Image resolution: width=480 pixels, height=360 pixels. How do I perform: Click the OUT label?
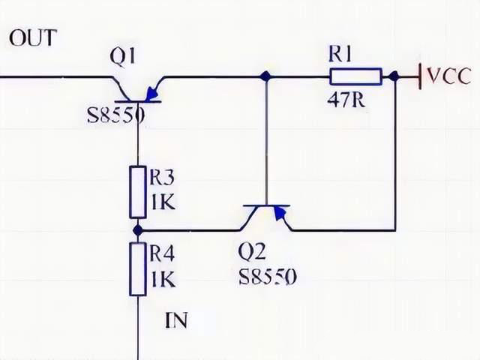tap(32, 37)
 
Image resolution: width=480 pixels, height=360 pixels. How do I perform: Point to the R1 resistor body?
tap(355, 76)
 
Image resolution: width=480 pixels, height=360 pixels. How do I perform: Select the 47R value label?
tap(346, 100)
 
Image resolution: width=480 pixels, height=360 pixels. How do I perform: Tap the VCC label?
tap(448, 76)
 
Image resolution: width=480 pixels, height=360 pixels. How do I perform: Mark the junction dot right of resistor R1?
tap(394, 76)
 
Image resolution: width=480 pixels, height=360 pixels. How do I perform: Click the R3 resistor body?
tap(138, 192)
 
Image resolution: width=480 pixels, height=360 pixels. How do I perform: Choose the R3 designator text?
tap(162, 178)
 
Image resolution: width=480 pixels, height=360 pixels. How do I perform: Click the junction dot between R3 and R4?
tap(138, 230)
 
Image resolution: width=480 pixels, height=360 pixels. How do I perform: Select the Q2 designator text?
tap(252, 252)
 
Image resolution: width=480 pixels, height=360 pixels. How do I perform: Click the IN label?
tap(176, 322)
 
